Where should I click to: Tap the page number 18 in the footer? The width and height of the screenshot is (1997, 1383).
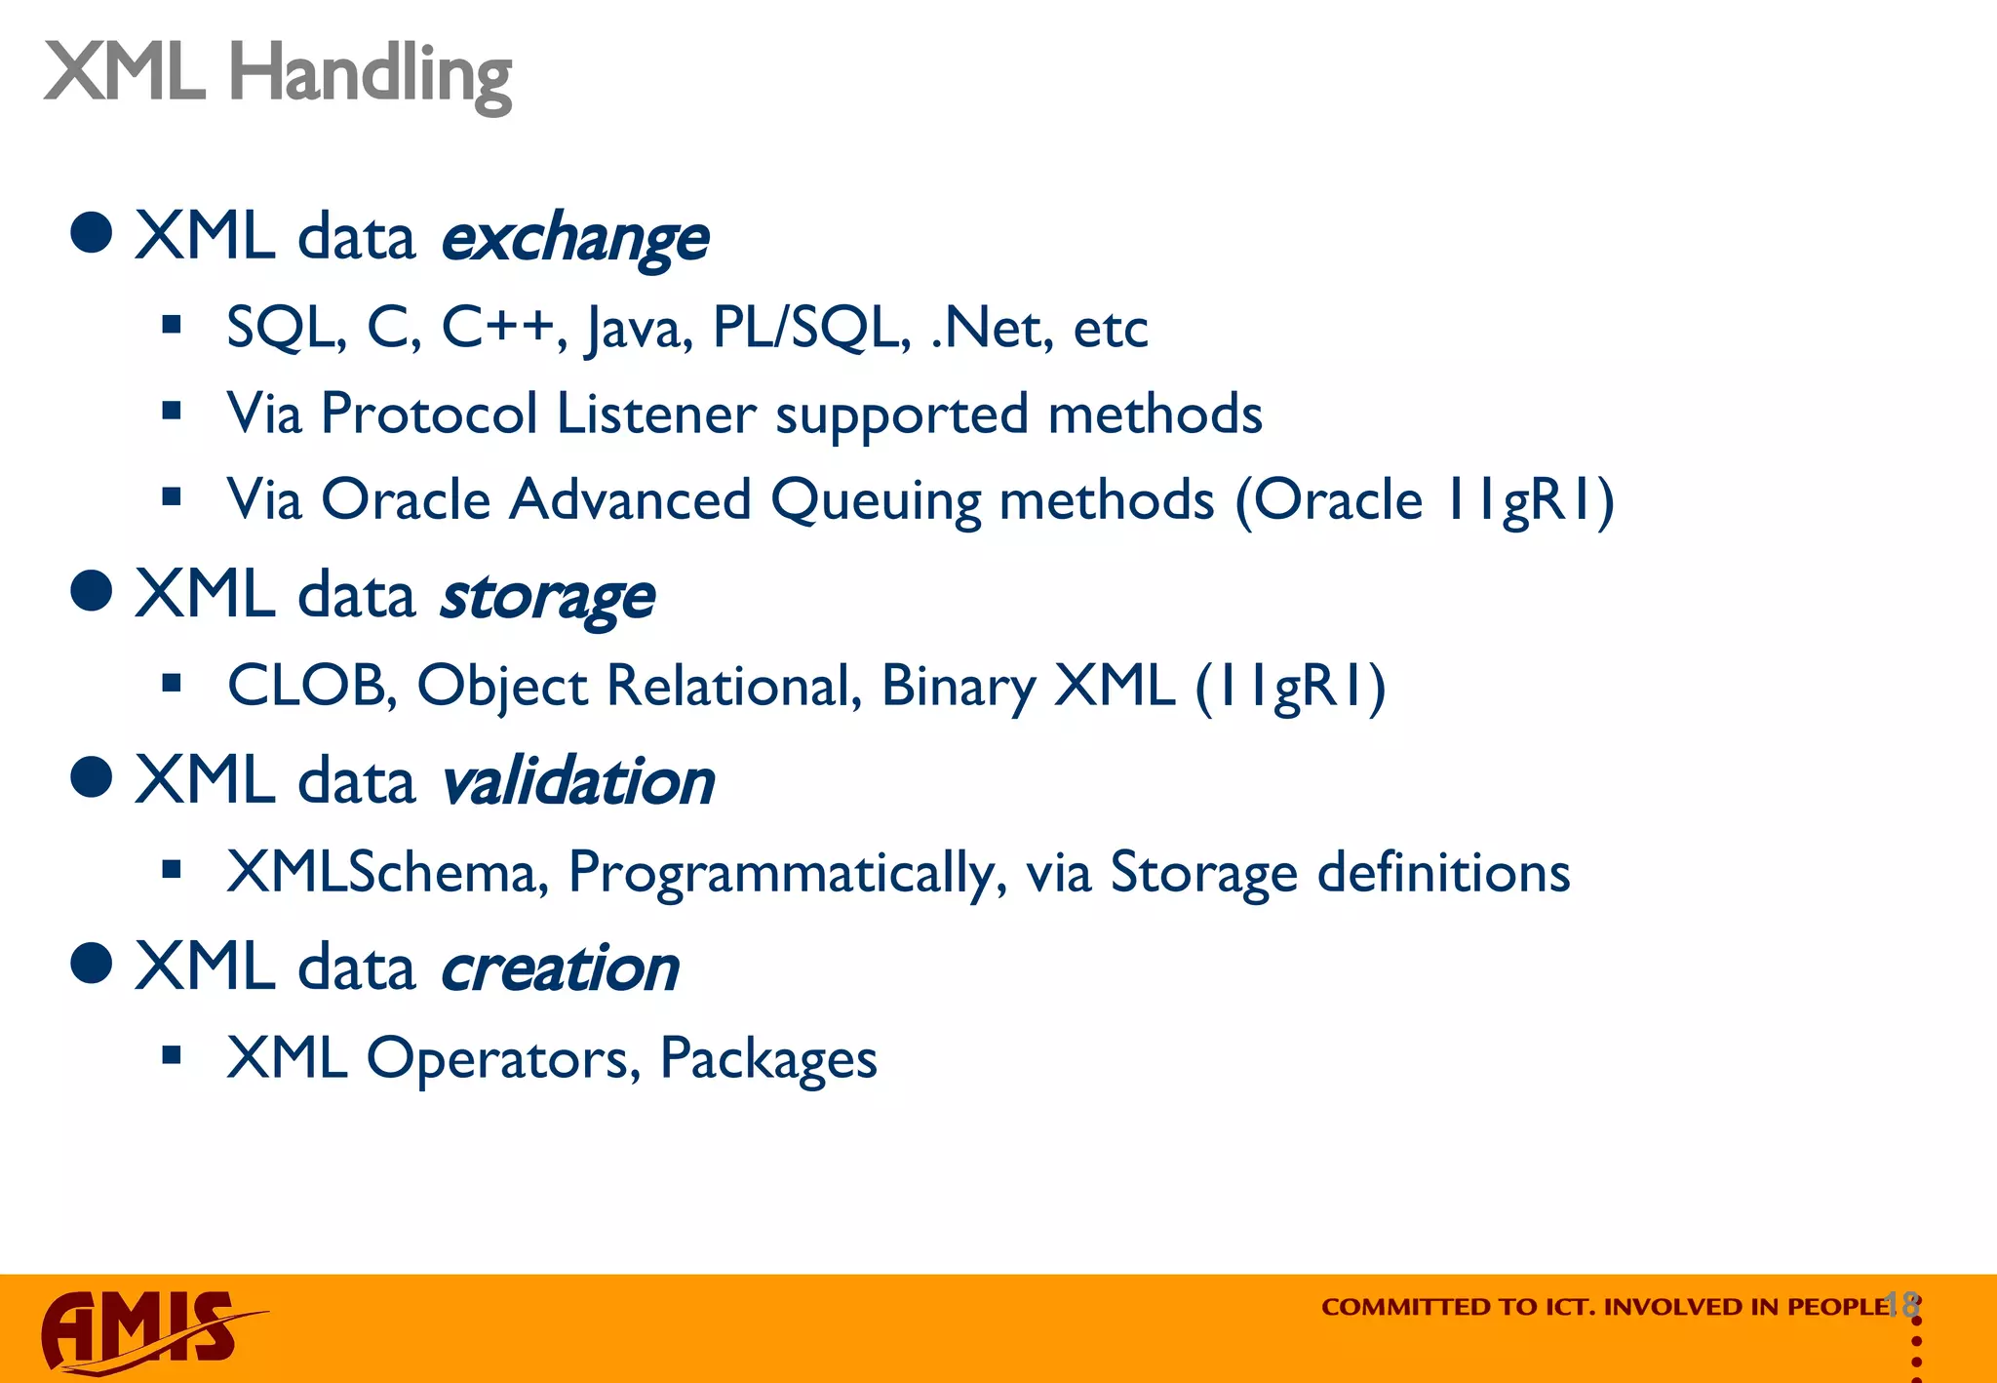pyautogui.click(x=1901, y=1304)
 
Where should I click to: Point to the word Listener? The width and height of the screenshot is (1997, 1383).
pyautogui.click(x=655, y=414)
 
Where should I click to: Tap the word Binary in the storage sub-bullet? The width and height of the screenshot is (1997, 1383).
pyautogui.click(x=958, y=686)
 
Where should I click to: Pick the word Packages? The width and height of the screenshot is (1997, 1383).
pyautogui.click(x=768, y=1058)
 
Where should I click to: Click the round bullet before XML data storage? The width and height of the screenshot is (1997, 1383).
pyautogui.click(x=92, y=590)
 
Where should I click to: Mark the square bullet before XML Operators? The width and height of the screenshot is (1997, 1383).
pyautogui.click(x=173, y=1054)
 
